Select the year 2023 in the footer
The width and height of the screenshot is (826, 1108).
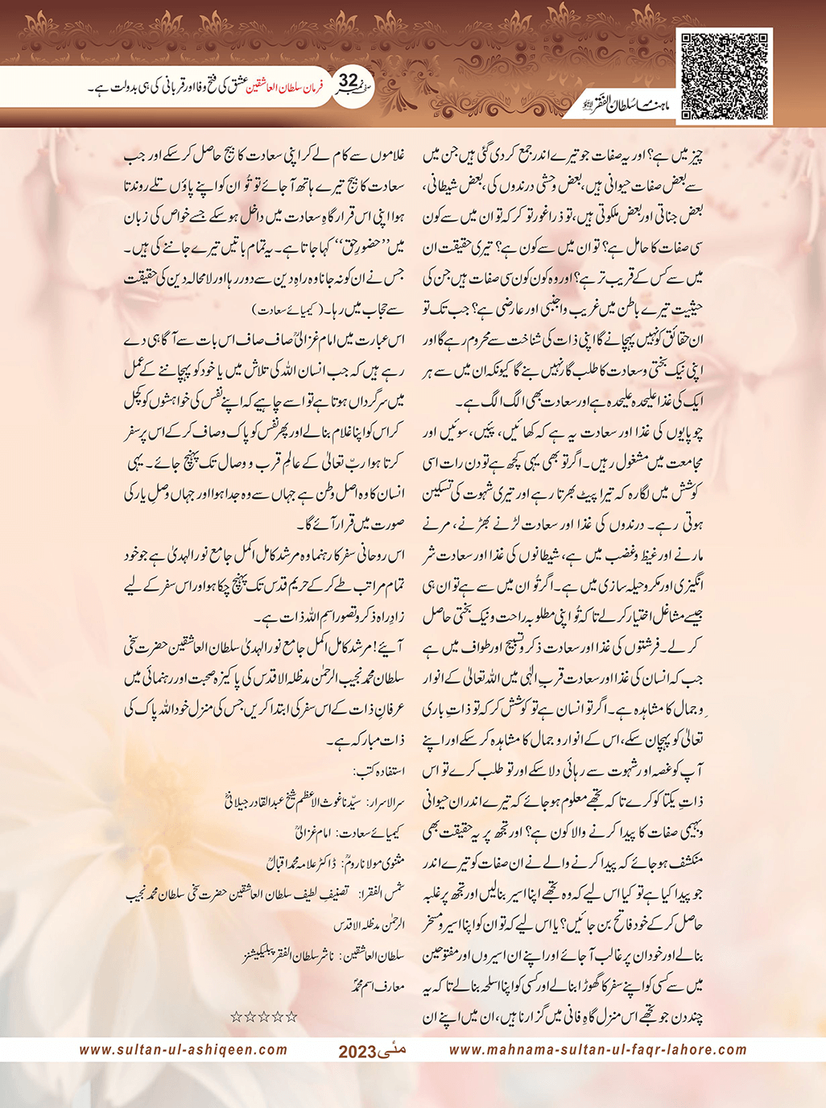pos(357,1052)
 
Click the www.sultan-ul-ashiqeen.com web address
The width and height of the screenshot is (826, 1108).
pos(184,1049)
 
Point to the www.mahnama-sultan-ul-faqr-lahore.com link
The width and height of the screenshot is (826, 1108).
pos(597,1049)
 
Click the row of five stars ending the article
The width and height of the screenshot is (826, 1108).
pos(264,1016)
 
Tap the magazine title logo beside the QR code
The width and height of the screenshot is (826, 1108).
pos(620,105)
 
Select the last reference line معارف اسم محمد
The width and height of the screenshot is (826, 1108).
pos(378,985)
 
